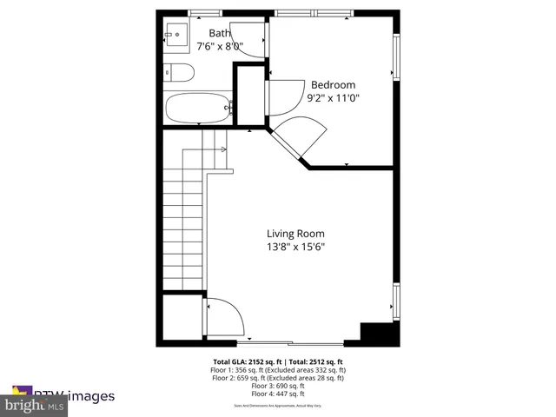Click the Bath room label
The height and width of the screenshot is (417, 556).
click(x=219, y=33)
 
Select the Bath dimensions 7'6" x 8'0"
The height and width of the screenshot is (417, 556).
click(x=219, y=46)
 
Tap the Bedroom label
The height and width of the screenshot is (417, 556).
click(x=334, y=84)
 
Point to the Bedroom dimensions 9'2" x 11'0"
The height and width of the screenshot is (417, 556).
click(x=334, y=98)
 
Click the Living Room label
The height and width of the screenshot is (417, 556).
click(x=295, y=233)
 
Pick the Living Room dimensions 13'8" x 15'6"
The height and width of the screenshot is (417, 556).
click(x=295, y=247)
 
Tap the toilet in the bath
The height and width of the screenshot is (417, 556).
click(x=176, y=73)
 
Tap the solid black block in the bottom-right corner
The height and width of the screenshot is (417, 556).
click(x=379, y=334)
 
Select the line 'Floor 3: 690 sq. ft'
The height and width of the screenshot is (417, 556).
click(x=277, y=385)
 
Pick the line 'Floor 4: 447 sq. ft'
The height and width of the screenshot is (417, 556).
click(x=277, y=393)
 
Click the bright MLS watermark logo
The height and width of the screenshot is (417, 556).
click(x=35, y=405)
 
